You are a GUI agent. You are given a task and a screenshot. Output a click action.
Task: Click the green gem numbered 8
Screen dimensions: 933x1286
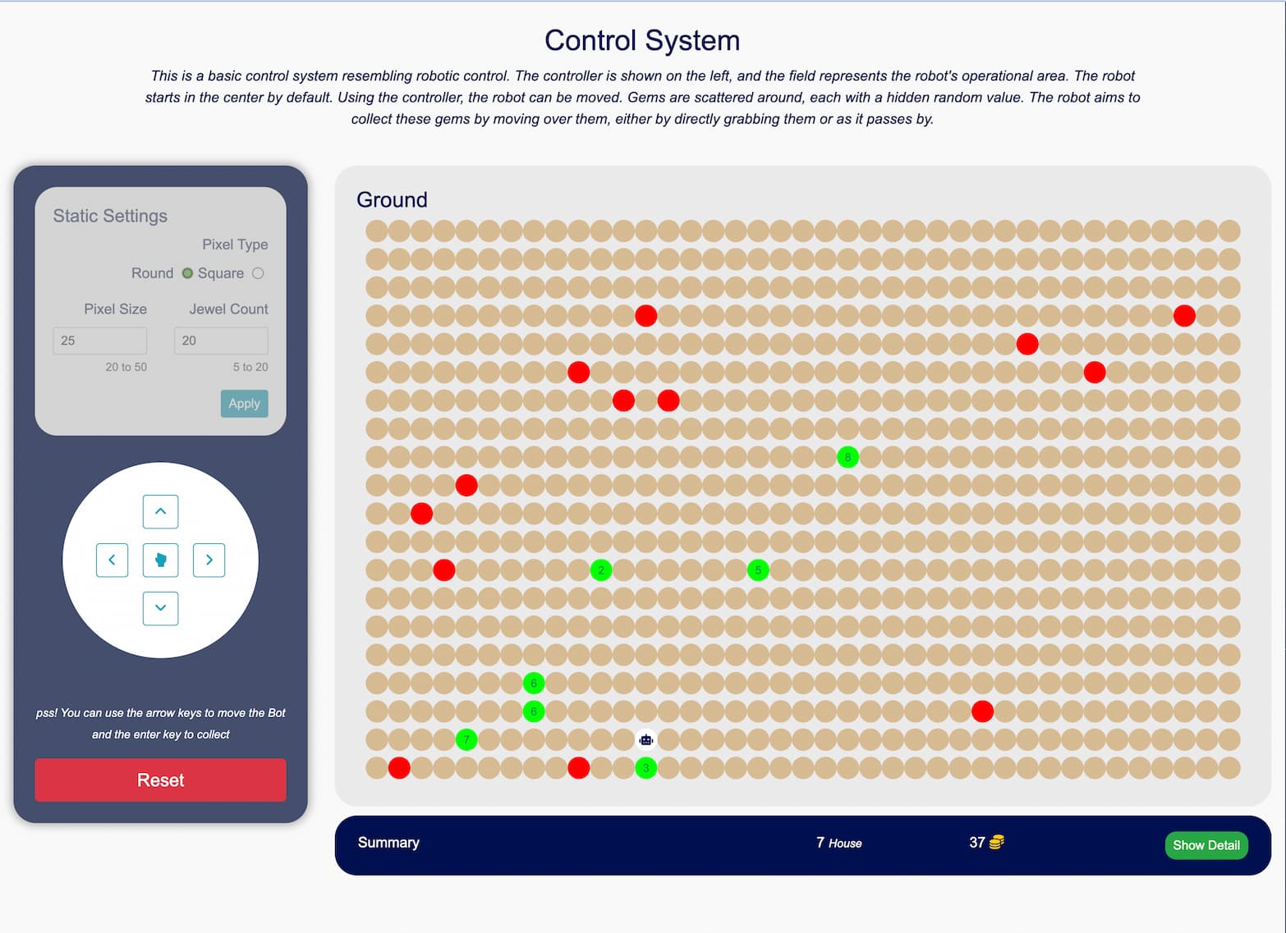847,457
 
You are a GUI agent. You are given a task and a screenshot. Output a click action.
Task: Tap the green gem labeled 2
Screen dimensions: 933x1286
601,569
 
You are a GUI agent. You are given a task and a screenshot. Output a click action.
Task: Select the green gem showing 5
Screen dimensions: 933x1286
758,569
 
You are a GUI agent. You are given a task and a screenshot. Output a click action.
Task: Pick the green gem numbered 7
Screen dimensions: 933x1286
466,739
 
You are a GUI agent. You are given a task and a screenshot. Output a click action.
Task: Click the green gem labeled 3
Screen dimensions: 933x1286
646,768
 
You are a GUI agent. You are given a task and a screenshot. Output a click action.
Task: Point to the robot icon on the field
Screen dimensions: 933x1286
646,740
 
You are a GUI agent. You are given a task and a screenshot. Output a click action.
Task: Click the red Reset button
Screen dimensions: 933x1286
160,780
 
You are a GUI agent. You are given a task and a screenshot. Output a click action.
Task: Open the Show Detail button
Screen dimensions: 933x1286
1206,845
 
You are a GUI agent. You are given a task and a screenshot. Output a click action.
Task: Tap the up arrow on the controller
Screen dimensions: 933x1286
161,511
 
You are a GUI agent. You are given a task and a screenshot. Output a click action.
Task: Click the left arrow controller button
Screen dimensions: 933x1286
112,560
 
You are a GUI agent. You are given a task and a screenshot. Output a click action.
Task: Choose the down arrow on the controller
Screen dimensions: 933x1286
161,608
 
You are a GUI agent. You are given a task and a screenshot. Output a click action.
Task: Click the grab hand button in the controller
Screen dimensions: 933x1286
161,560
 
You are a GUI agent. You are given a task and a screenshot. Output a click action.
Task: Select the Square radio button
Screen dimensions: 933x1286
258,273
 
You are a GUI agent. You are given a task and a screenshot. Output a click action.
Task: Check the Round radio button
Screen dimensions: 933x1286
187,273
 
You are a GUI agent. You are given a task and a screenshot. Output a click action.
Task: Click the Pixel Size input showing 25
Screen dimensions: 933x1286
100,341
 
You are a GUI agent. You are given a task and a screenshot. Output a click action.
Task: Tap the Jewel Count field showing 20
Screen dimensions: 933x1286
221,341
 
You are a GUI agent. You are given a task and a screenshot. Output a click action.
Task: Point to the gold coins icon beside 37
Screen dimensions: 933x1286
997,842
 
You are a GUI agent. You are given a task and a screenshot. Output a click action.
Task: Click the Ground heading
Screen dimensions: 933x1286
392,200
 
